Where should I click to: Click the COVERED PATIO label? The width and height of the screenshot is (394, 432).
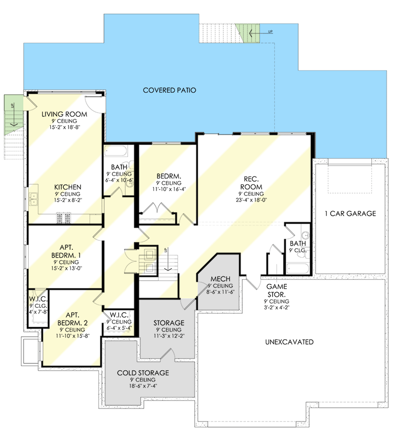pyautogui.click(x=169, y=91)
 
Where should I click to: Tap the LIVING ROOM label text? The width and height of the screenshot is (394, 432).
pyautogui.click(x=64, y=114)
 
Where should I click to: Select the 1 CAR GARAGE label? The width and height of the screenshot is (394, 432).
pyautogui.click(x=350, y=214)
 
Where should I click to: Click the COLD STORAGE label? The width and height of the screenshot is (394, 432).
pyautogui.click(x=143, y=373)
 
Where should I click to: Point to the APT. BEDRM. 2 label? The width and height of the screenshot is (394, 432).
pyautogui.click(x=72, y=319)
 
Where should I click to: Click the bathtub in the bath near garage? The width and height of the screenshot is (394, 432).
pyautogui.click(x=298, y=269)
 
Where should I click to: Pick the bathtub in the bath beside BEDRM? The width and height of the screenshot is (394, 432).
pyautogui.click(x=115, y=152)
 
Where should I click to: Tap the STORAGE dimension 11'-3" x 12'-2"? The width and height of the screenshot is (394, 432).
pyautogui.click(x=168, y=337)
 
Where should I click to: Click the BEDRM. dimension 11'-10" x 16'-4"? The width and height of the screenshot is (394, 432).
pyautogui.click(x=168, y=190)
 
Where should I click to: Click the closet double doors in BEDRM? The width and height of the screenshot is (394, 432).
pyautogui.click(x=159, y=214)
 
